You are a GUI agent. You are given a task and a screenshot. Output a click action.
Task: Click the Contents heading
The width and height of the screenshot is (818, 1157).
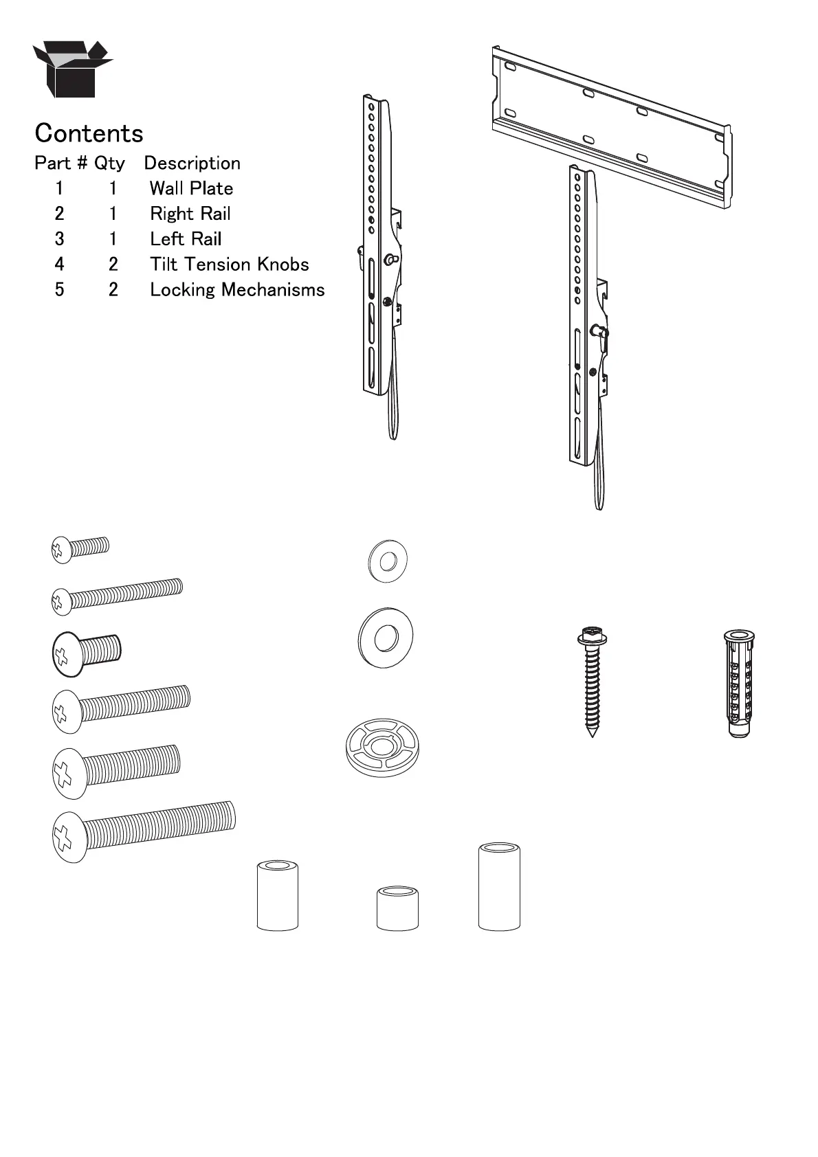[89, 133]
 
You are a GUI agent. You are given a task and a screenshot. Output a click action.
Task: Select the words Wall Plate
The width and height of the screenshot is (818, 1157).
[191, 188]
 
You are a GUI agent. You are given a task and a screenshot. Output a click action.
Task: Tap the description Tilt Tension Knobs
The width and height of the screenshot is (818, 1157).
[229, 265]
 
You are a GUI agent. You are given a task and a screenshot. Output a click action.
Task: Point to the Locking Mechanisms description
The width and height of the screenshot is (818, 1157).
[237, 290]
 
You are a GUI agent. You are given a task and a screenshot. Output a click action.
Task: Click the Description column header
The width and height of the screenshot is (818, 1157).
[192, 164]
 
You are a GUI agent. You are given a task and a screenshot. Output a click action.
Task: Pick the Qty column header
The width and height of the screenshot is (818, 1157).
[109, 164]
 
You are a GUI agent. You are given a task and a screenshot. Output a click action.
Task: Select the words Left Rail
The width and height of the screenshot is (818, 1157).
[186, 239]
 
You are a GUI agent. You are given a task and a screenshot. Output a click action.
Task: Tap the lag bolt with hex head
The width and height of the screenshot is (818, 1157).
[592, 680]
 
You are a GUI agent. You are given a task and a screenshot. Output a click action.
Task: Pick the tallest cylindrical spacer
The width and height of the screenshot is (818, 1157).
[499, 886]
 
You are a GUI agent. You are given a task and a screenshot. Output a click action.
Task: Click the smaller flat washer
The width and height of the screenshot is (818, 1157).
[388, 561]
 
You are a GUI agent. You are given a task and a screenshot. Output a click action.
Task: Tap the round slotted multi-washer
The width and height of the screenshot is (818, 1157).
[382, 748]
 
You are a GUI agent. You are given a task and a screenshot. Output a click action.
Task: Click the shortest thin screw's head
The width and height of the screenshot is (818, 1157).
[61, 550]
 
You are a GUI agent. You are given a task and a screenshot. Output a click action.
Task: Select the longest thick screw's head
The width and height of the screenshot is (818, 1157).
[70, 837]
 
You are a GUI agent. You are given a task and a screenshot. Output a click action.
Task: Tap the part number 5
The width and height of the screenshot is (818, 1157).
[60, 290]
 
